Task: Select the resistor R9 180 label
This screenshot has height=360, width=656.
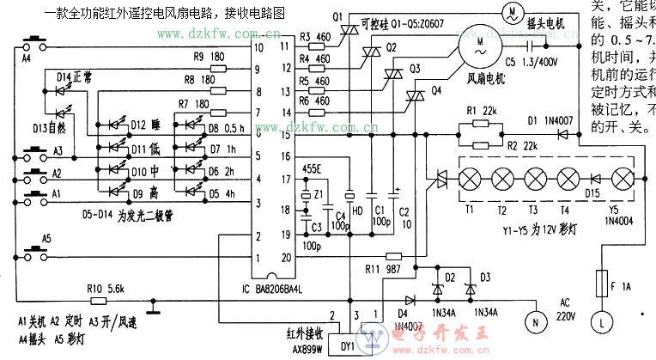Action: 210,56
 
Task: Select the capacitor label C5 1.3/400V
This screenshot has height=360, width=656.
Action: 531,62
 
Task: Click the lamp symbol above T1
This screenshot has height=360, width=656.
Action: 471,180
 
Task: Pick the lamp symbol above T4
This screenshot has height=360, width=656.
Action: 568,180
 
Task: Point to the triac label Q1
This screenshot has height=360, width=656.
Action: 336,16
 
